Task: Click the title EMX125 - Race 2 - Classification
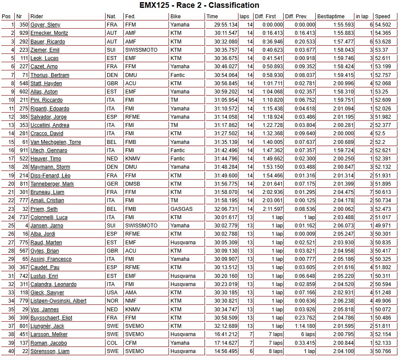click(199, 5)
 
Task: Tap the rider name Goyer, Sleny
click(45, 25)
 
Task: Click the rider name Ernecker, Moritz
click(49, 33)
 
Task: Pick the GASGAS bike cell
click(181, 209)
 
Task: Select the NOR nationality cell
click(112, 301)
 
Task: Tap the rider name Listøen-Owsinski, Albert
click(58, 301)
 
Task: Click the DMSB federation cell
click(132, 184)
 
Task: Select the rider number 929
click(23, 33)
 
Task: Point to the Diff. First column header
click(265, 17)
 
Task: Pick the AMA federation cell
click(130, 293)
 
